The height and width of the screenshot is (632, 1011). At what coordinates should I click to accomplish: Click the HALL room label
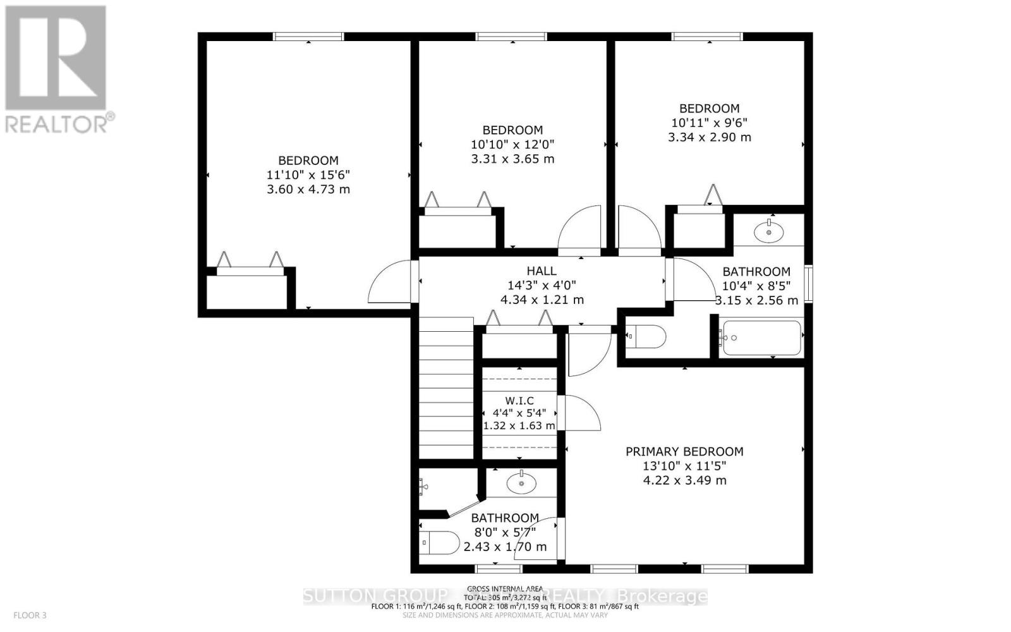tap(542, 270)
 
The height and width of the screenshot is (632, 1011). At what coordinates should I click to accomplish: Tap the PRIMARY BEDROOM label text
tap(684, 451)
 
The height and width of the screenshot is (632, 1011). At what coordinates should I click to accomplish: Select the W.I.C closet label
tap(519, 401)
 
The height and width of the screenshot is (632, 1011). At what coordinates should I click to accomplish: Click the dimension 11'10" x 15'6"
tap(308, 175)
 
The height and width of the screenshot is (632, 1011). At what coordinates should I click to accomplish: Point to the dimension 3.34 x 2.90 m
tap(710, 137)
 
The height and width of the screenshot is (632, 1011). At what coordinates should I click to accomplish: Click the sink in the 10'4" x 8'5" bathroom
tap(769, 231)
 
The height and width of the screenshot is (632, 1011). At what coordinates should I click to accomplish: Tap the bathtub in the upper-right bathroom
tap(762, 337)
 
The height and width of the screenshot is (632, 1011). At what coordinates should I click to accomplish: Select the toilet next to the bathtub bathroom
tap(646, 337)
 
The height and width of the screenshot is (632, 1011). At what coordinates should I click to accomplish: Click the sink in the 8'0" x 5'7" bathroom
tap(521, 484)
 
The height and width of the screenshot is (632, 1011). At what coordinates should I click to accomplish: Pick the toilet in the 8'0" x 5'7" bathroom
tap(440, 543)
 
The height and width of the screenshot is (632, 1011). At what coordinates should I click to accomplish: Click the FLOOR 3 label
tap(30, 615)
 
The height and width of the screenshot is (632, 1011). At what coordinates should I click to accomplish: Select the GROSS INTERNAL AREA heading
tap(505, 588)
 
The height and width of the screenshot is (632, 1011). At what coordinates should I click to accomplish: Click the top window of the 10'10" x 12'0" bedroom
tap(511, 37)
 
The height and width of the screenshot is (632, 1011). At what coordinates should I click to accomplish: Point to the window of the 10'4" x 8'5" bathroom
tap(808, 286)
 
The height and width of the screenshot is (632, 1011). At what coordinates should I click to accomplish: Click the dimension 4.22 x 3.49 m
tap(684, 480)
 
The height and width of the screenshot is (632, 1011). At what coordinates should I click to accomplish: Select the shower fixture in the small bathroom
tap(423, 486)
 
